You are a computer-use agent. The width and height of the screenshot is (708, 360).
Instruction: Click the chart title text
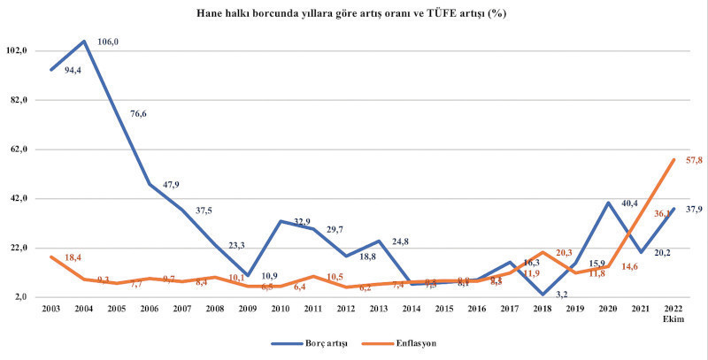tap(354, 14)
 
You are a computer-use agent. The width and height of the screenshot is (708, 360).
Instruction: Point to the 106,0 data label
tap(108, 42)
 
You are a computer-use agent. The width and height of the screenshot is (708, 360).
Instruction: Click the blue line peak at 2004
tap(84, 41)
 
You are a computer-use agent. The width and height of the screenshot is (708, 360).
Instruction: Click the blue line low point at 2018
tap(543, 295)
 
